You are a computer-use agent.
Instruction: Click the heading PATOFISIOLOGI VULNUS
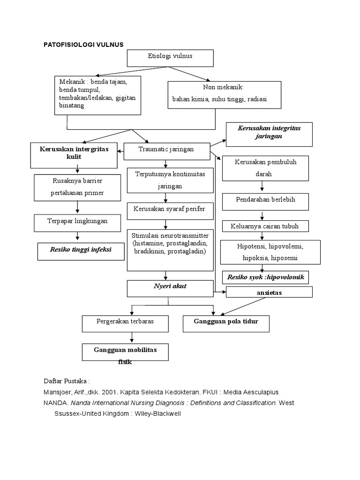coord(83,45)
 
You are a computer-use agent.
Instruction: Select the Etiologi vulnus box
coord(170,57)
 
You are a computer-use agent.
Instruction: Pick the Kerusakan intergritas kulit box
coord(74,154)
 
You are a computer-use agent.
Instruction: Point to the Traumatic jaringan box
coord(166,150)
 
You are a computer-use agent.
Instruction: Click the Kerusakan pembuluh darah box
coord(265,168)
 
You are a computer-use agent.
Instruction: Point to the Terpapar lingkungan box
coord(76,221)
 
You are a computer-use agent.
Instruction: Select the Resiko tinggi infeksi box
coord(81,250)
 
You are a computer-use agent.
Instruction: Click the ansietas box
coord(269,292)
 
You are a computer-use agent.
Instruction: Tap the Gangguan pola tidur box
coord(226,323)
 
